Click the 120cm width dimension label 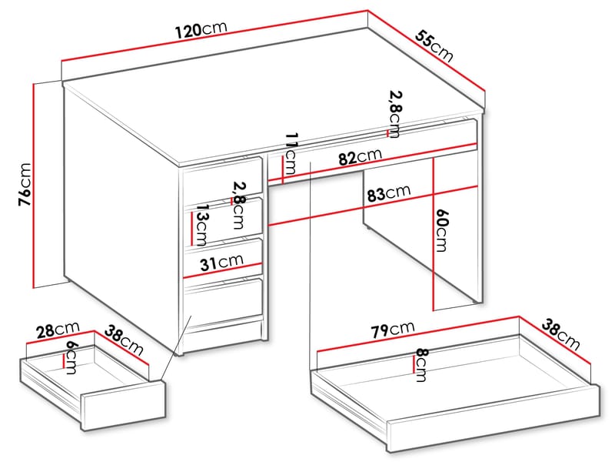click(x=201, y=31)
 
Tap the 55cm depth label click(x=435, y=45)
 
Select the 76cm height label click(x=25, y=185)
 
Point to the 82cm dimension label click(x=360, y=158)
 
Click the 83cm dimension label click(x=389, y=194)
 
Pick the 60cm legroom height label click(x=440, y=230)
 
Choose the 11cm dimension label click(x=291, y=153)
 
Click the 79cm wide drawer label click(x=392, y=330)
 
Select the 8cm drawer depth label click(x=421, y=364)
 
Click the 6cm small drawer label click(x=71, y=357)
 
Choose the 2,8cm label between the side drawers click(x=238, y=206)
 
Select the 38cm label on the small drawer click(x=125, y=341)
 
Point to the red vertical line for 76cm click(x=35, y=185)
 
